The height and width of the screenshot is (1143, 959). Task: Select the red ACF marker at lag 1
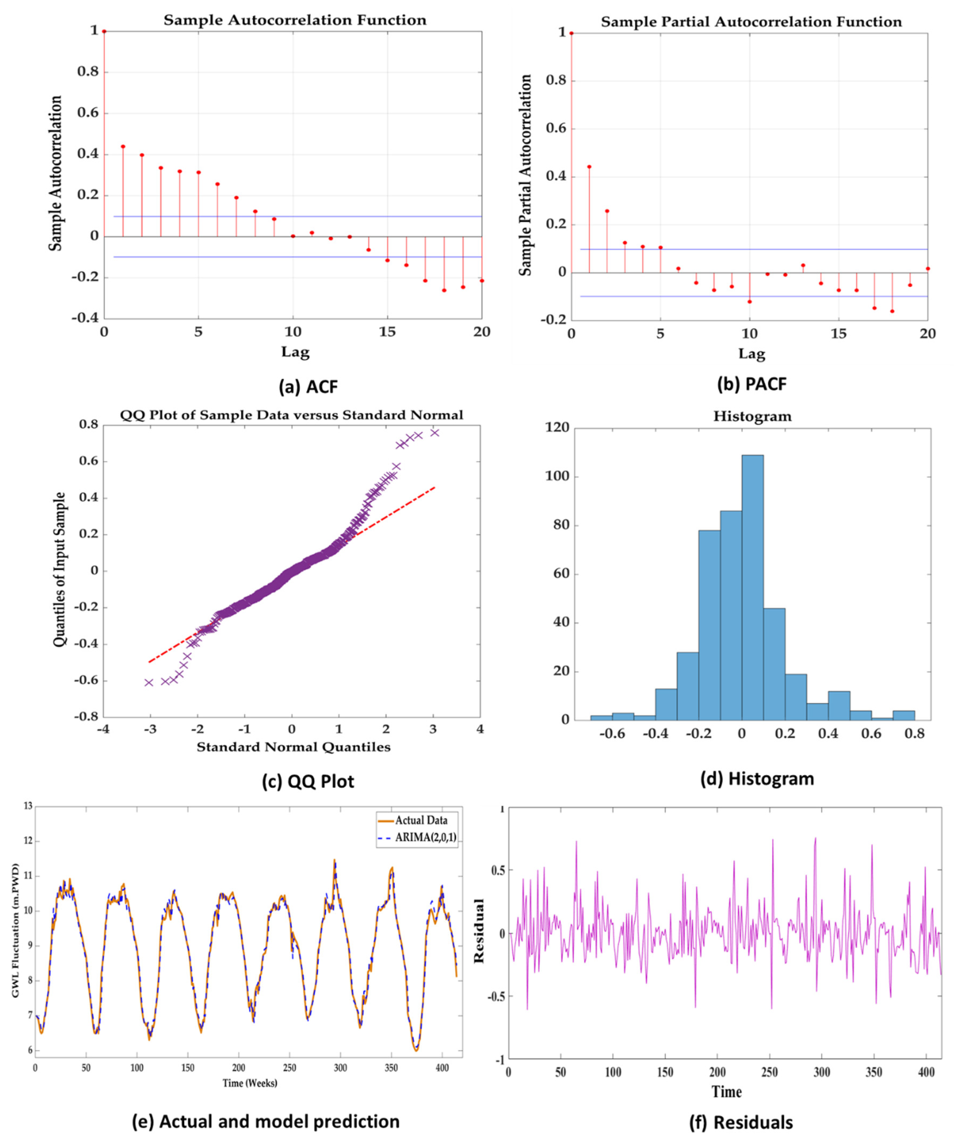(123, 146)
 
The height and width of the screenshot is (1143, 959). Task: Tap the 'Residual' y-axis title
(480, 931)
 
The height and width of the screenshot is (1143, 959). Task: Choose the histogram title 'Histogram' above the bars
(752, 416)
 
